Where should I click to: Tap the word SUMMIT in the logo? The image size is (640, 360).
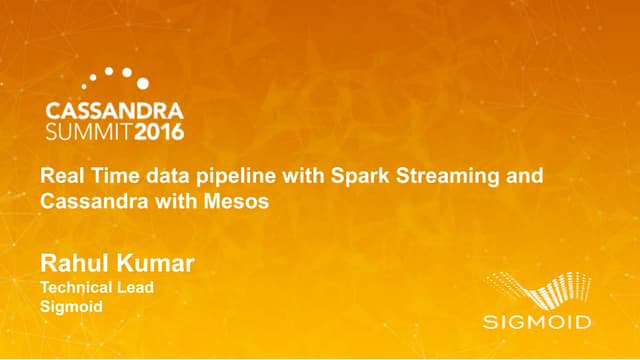click(x=76, y=131)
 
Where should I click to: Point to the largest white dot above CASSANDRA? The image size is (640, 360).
click(x=142, y=83)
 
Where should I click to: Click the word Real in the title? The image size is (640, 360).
click(x=59, y=177)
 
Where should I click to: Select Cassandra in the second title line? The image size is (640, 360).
click(x=88, y=200)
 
